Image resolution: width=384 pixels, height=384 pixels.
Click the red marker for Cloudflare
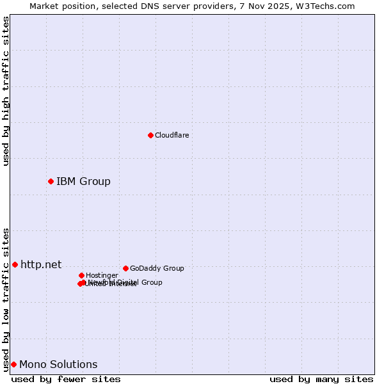pos(150,135)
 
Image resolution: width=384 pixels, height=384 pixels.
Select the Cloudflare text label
pos(172,135)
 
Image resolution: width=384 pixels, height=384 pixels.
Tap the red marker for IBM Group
pos(51,181)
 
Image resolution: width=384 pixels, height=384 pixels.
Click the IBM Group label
pos(83,181)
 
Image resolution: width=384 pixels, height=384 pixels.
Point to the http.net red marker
pos(15,264)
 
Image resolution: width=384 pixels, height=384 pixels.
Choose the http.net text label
pos(41,264)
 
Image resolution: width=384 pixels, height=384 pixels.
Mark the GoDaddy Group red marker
pos(125,268)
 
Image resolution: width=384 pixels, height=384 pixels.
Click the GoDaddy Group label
pos(157,268)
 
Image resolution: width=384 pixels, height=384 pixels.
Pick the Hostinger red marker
pos(81,275)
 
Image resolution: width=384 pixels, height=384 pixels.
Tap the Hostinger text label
pos(102,275)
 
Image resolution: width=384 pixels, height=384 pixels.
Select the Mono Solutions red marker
pos(13,364)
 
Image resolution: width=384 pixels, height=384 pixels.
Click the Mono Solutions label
pos(58,364)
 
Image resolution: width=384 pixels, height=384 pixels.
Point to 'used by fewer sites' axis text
pos(66,379)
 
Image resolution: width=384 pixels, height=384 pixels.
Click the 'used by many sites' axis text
pos(321,379)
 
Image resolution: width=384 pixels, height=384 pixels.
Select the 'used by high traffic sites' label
pos(6,91)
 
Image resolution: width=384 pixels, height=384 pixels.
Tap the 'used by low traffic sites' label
pos(6,300)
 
